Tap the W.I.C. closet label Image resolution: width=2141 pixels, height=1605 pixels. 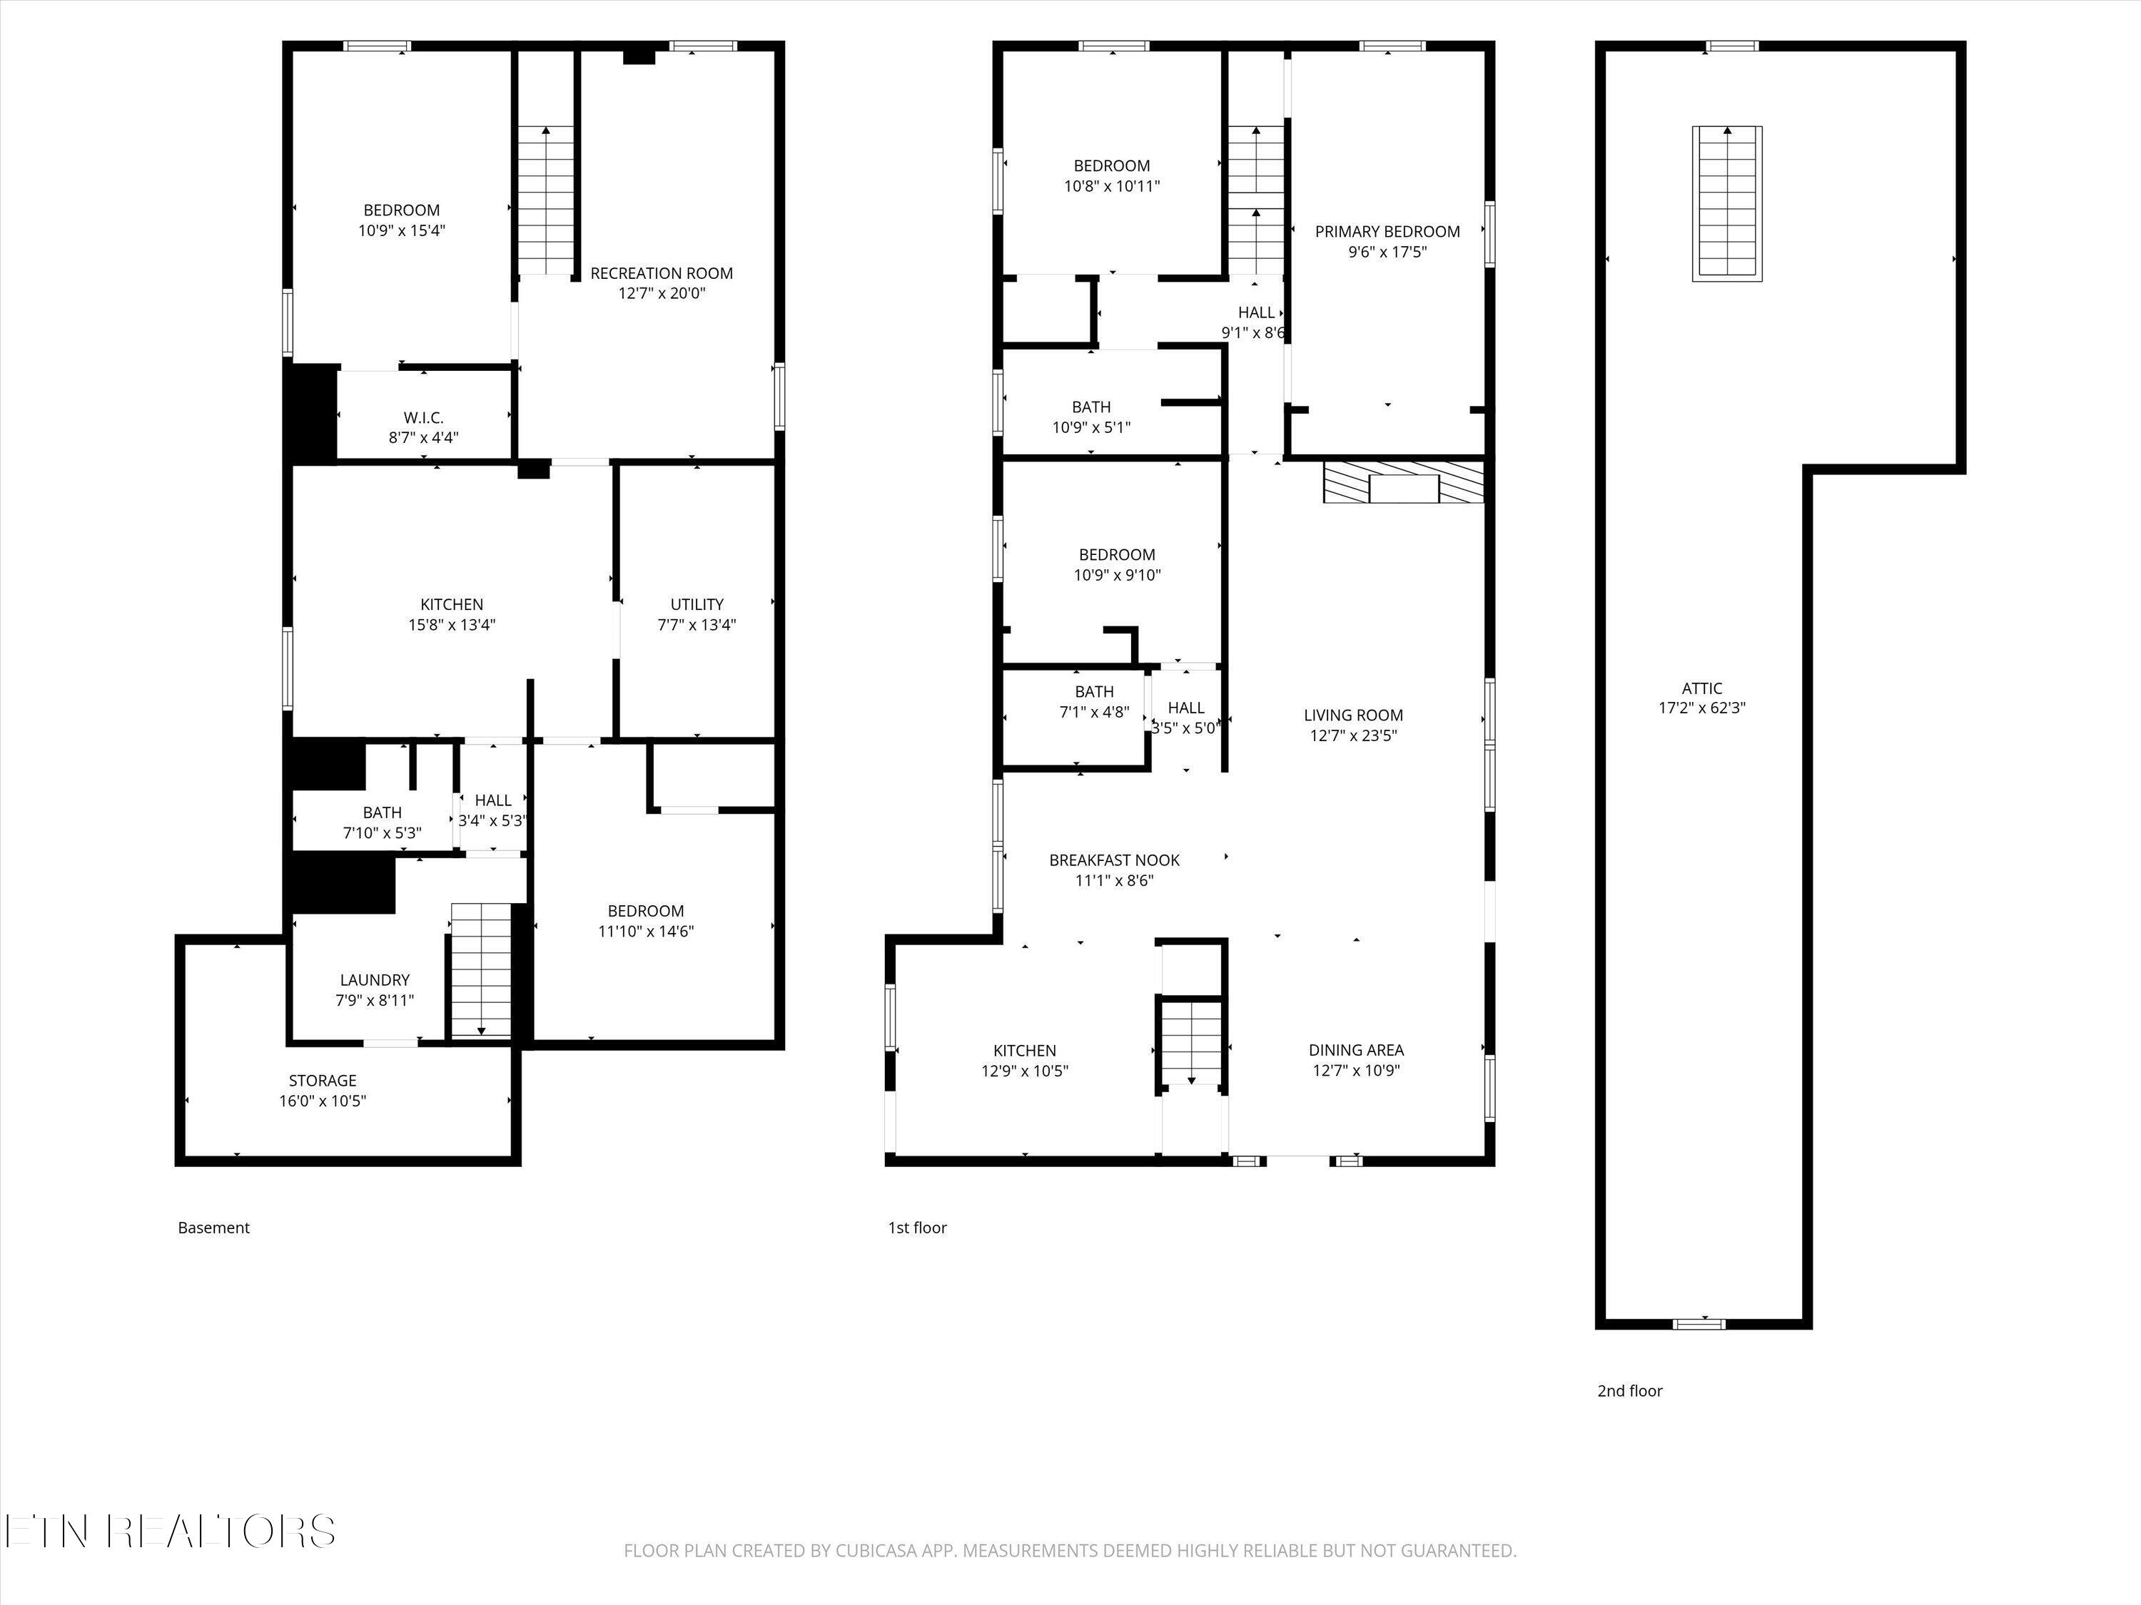pyautogui.click(x=423, y=418)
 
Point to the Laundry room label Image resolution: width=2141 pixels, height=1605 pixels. pyautogui.click(x=375, y=980)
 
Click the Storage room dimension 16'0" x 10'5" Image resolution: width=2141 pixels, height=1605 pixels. pyautogui.click(x=323, y=1101)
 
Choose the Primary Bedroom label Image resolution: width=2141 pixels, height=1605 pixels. pyautogui.click(x=1387, y=232)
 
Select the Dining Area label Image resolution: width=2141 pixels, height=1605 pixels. pyautogui.click(x=1356, y=1050)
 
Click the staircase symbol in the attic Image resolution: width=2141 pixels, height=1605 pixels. pyautogui.click(x=1727, y=204)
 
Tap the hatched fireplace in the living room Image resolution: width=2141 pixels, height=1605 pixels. pyautogui.click(x=1404, y=481)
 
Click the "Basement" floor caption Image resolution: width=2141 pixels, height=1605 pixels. pyautogui.click(x=214, y=1228)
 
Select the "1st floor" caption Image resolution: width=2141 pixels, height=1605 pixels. pyautogui.click(x=918, y=1228)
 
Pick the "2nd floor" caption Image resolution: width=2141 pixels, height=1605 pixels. pyautogui.click(x=1630, y=1391)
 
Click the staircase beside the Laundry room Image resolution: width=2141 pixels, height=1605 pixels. pyautogui.click(x=482, y=970)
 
